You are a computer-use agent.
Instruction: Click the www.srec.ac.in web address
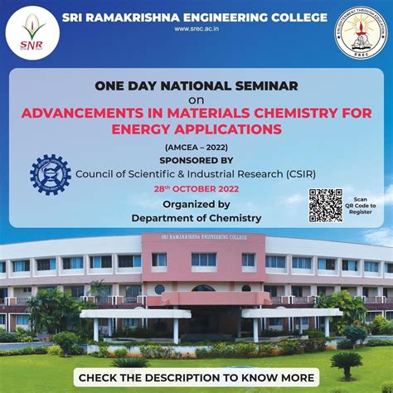196,29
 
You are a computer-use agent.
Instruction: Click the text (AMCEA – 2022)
196,147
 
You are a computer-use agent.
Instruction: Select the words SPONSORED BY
196,160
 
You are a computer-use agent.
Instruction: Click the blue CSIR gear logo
50,174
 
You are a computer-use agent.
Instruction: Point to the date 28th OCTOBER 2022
196,189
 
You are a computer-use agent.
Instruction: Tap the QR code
325,206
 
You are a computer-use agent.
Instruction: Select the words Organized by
196,204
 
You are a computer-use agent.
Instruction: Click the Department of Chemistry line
196,218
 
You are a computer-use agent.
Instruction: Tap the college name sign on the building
202,238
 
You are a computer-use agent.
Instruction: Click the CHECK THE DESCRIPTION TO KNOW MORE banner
196,377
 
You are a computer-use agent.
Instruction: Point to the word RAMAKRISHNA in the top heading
137,17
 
